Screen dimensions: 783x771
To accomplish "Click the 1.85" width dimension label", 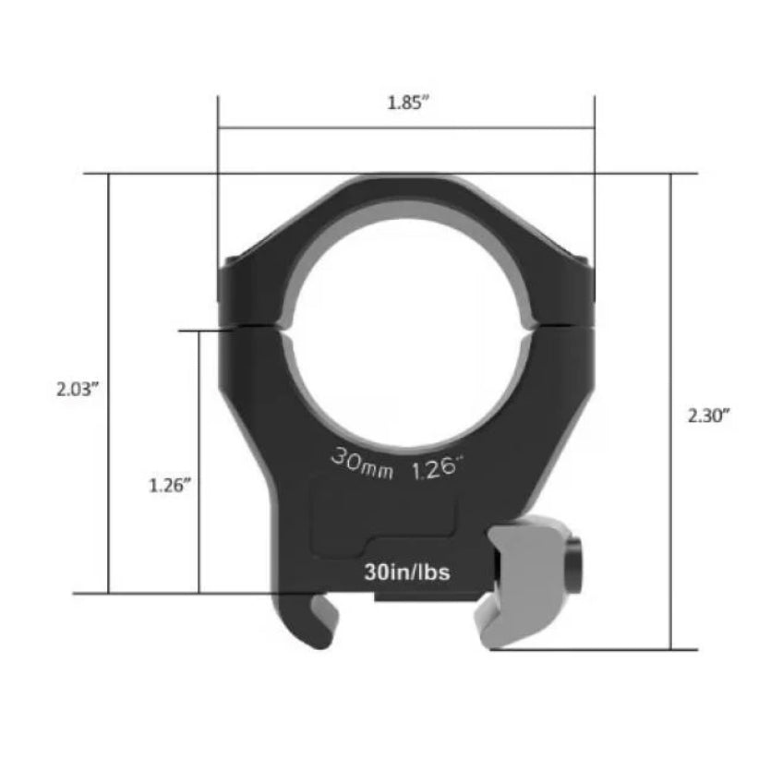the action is [x=408, y=102].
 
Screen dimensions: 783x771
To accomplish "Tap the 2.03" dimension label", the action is [x=77, y=389].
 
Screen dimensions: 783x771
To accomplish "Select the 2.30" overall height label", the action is [x=708, y=416].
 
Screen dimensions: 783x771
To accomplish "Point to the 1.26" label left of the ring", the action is [x=170, y=486].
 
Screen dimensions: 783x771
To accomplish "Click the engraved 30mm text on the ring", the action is [x=362, y=464].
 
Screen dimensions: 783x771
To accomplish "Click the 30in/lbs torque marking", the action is [x=407, y=572].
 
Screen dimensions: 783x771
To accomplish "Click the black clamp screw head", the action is [x=575, y=566].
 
